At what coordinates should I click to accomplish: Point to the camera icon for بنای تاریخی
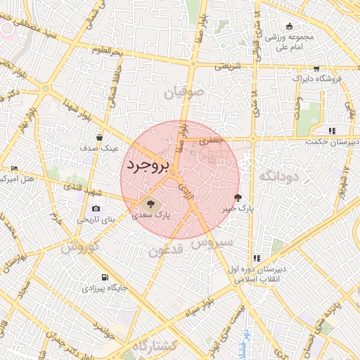[96, 209]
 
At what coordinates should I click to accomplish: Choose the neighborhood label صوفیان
[184, 92]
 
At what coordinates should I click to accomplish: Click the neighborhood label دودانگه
[279, 176]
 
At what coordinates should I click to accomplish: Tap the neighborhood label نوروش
[78, 247]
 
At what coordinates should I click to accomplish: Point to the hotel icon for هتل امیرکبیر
[14, 168]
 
